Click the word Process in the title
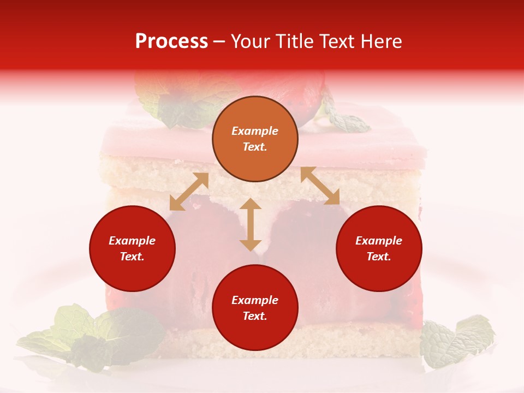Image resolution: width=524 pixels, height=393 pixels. coord(171,41)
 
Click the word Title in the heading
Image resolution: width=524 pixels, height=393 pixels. coord(295,41)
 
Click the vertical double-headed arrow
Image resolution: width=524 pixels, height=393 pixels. coord(251,225)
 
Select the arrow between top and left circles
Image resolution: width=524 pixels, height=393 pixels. coord(189,192)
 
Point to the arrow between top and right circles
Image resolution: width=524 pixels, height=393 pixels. coord(320,186)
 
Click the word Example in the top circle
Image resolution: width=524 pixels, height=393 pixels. coord(255,131)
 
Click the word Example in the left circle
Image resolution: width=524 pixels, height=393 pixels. coord(132,241)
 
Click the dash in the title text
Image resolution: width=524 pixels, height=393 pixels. coord(219,41)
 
